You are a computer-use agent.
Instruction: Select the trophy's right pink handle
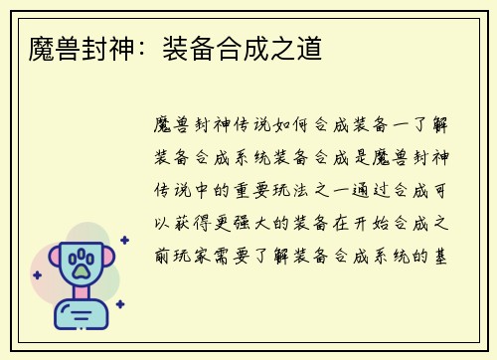point(110,261)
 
